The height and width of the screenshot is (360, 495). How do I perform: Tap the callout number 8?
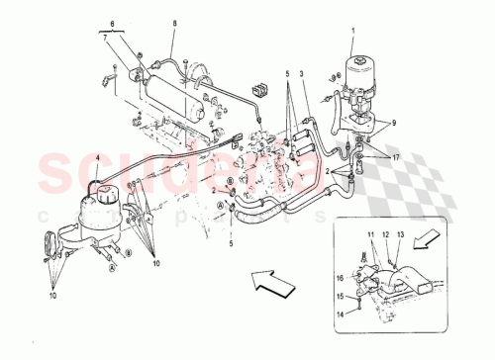point(175,22)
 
